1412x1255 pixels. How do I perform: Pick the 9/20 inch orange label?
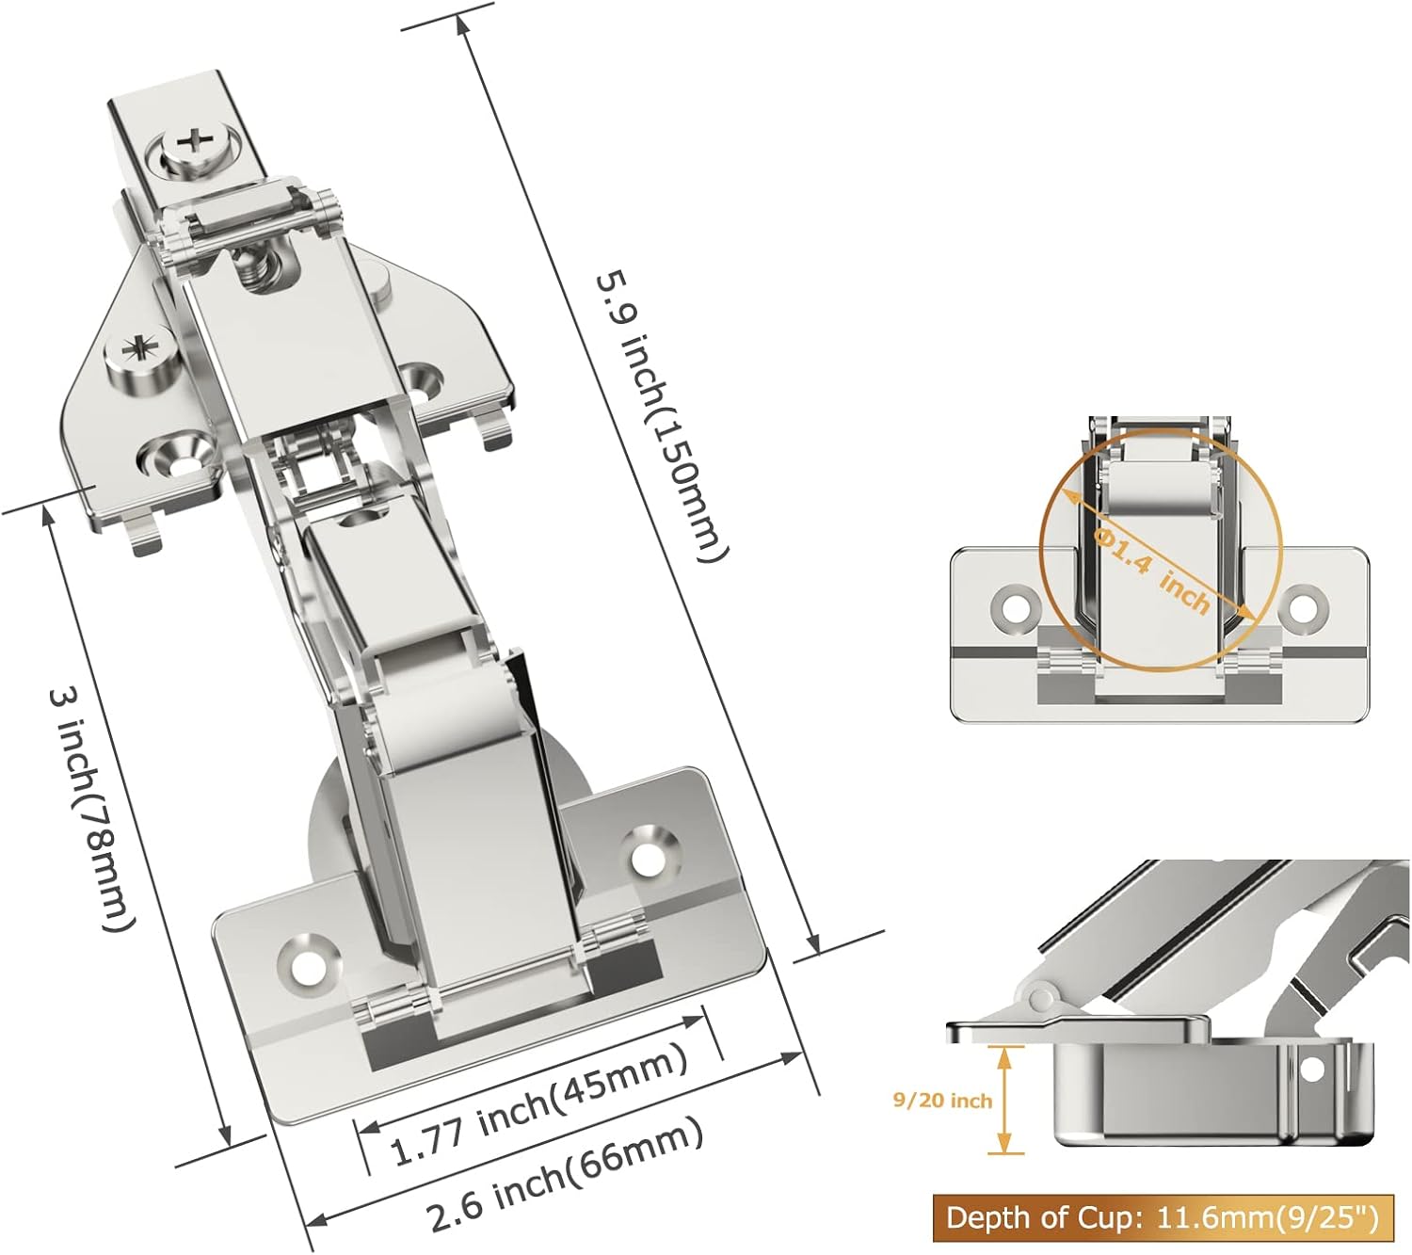(942, 1100)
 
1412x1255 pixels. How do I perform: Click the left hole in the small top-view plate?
(1015, 607)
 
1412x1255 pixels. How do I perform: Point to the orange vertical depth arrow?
(1005, 1099)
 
